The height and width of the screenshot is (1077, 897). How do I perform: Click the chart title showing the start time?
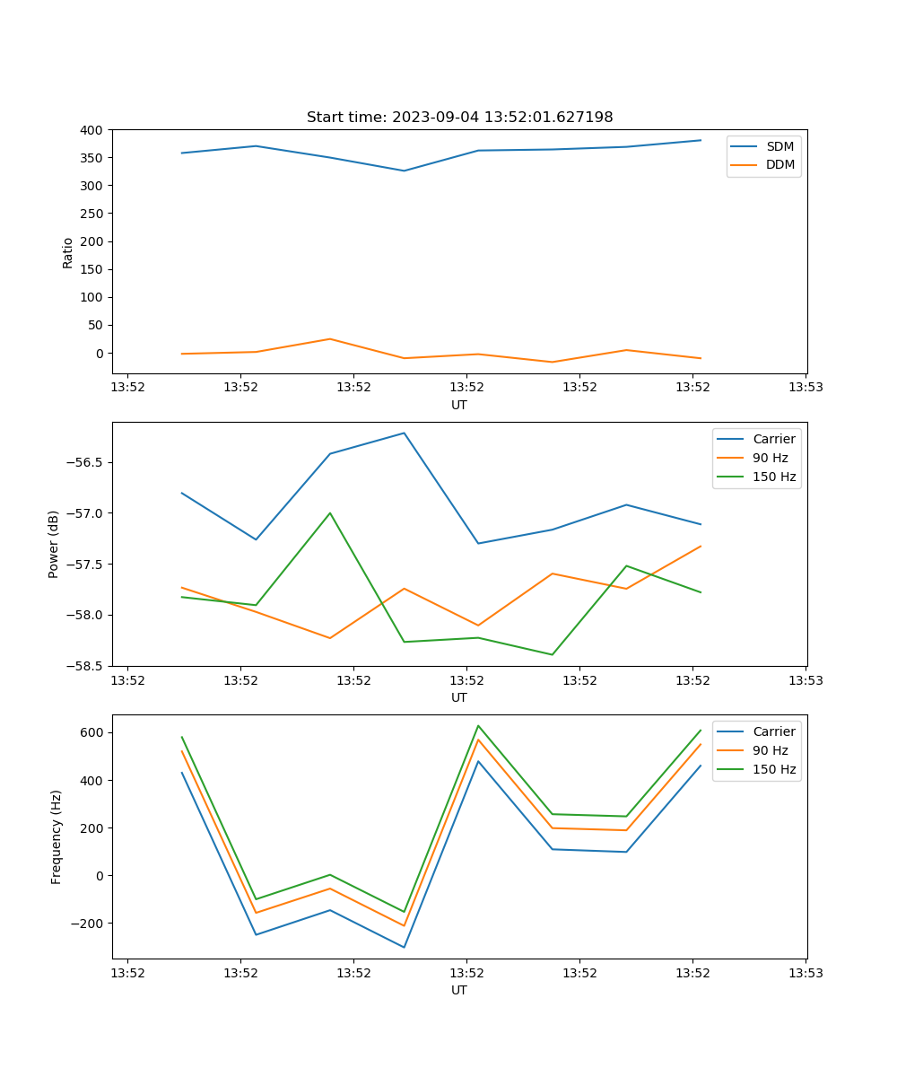pyautogui.click(x=459, y=118)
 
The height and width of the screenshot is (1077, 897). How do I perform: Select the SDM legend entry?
pyautogui.click(x=779, y=146)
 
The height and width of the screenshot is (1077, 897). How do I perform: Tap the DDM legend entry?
pyautogui.click(x=779, y=165)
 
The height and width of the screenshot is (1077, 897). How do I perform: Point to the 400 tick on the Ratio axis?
pyautogui.click(x=93, y=130)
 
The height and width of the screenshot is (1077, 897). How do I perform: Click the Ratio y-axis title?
pyautogui.click(x=68, y=252)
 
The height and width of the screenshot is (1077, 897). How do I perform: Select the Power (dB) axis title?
pyautogui.click(x=54, y=544)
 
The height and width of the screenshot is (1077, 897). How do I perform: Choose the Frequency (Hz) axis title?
pyautogui.click(x=57, y=836)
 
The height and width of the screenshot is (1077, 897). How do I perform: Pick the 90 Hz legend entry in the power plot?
pyautogui.click(x=770, y=458)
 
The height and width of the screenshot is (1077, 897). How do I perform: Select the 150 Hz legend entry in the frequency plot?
pyautogui.click(x=774, y=769)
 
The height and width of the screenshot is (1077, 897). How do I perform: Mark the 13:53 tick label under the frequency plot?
pyautogui.click(x=805, y=973)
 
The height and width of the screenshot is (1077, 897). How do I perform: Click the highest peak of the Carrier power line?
pyautogui.click(x=404, y=433)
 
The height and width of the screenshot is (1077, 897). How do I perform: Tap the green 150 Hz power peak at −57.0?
pyautogui.click(x=330, y=513)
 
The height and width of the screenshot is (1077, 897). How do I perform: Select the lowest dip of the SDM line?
pyautogui.click(x=404, y=171)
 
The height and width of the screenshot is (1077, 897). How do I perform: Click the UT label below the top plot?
pyautogui.click(x=459, y=405)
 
